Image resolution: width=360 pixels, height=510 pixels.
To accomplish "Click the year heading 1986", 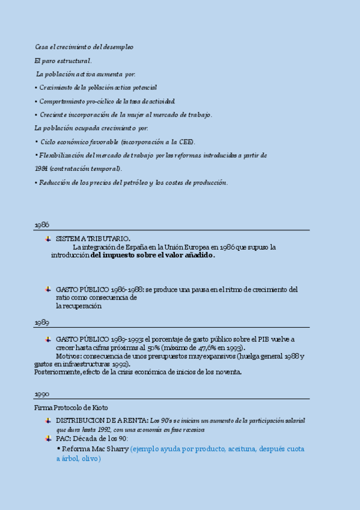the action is [x=41, y=224].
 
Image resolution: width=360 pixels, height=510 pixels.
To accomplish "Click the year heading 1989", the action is [x=41, y=322].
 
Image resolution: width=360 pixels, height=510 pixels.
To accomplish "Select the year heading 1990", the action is [x=41, y=394].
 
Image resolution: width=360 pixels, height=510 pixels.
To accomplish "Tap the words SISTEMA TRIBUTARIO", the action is [x=93, y=239].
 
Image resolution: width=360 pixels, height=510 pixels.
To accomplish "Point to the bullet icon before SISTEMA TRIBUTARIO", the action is [x=48, y=239].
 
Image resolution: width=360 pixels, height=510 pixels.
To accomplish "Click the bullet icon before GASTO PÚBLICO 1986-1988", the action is [x=48, y=289].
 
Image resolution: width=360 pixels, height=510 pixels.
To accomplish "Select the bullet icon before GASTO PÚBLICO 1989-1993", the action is [x=48, y=339].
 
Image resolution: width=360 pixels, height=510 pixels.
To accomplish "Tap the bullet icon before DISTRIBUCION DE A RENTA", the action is [x=48, y=420].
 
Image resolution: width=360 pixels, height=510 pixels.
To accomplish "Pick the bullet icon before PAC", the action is [x=48, y=438].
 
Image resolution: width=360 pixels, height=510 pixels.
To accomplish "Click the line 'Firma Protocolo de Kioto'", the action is [x=72, y=408].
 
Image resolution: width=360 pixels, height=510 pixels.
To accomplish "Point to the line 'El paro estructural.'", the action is [x=63, y=61].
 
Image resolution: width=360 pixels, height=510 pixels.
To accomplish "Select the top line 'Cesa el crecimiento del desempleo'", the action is [x=84, y=47].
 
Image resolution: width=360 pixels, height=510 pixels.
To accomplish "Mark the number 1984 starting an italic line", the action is [x=41, y=169].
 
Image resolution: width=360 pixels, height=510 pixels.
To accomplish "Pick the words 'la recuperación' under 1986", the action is [x=79, y=306].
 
